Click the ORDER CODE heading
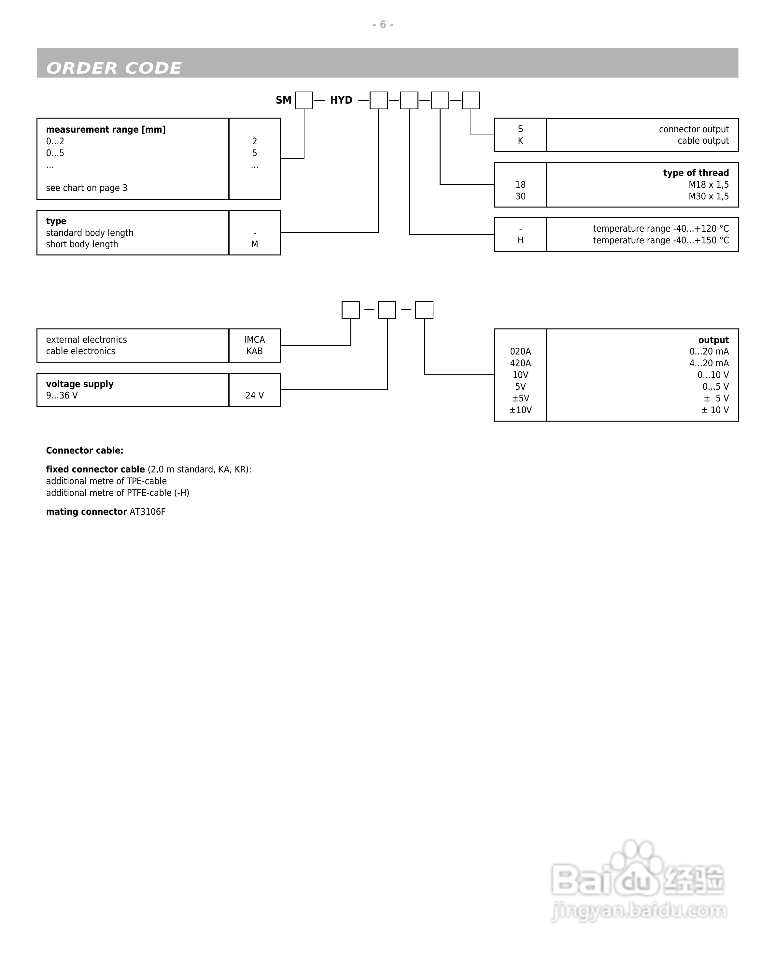[114, 68]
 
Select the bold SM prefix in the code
[284, 100]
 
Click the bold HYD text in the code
[341, 100]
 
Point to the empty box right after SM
[304, 100]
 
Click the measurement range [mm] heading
[106, 130]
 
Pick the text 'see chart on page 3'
[87, 188]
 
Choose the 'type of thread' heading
[696, 173]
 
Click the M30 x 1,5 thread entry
[709, 196]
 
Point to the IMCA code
[254, 340]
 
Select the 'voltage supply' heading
[80, 384]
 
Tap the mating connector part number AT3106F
[147, 512]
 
